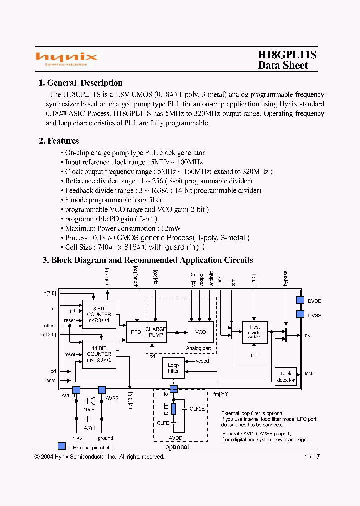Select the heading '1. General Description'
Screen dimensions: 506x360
click(x=80, y=83)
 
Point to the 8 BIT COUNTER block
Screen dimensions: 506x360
click(x=99, y=314)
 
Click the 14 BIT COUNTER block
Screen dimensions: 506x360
click(x=99, y=354)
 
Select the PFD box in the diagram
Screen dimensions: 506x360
click(x=135, y=332)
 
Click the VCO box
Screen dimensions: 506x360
click(x=200, y=332)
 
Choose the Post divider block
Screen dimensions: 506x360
click(x=255, y=332)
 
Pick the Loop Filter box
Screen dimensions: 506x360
click(x=173, y=368)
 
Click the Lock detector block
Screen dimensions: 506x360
click(x=286, y=376)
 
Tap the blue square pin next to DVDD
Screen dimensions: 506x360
click(x=300, y=300)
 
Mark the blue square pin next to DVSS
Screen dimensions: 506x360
click(x=300, y=314)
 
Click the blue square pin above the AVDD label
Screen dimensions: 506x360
click(x=76, y=390)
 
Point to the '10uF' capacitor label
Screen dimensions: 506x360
click(x=89, y=409)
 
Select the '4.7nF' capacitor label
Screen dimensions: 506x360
click(x=89, y=428)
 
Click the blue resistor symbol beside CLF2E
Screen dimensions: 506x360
click(x=173, y=409)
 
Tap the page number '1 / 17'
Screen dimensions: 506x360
click(x=312, y=456)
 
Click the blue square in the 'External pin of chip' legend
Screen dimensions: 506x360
click(x=61, y=446)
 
